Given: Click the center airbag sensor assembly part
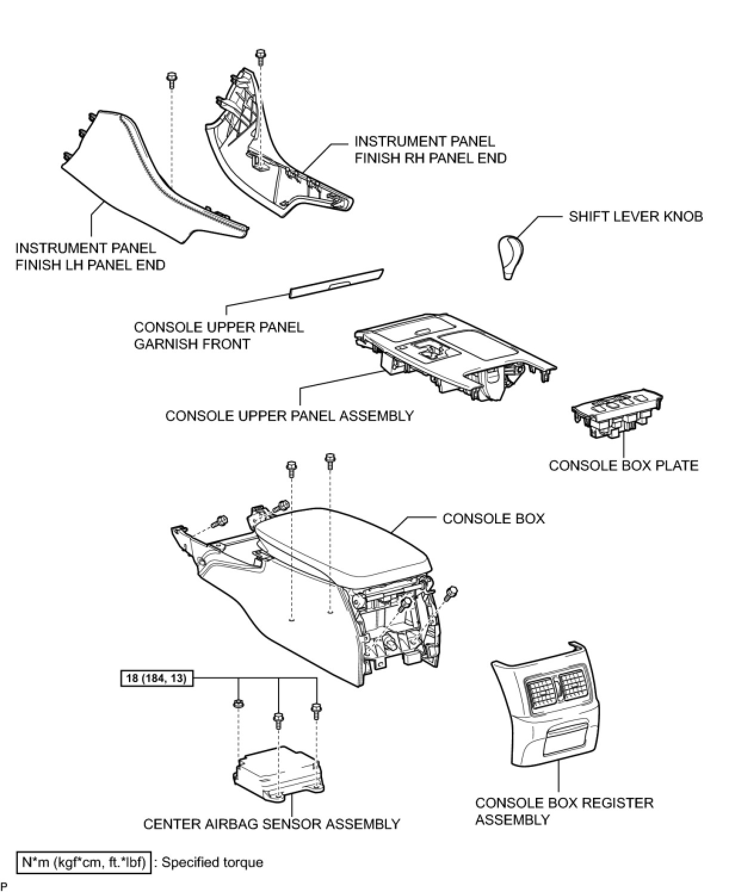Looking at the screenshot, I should coord(276,772).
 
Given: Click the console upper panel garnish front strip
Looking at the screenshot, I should coord(336,283).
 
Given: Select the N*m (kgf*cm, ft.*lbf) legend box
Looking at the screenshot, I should coord(84,862).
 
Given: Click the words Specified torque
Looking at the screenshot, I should coord(212,862).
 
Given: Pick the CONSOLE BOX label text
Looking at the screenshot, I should coord(493,518).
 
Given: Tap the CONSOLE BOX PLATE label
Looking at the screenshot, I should coord(623,465).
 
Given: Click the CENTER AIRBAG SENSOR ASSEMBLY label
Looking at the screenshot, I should coord(271,824).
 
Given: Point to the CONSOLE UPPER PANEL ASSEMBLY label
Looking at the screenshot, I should coord(289,416).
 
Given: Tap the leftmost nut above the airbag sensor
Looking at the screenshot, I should coord(237,704).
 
